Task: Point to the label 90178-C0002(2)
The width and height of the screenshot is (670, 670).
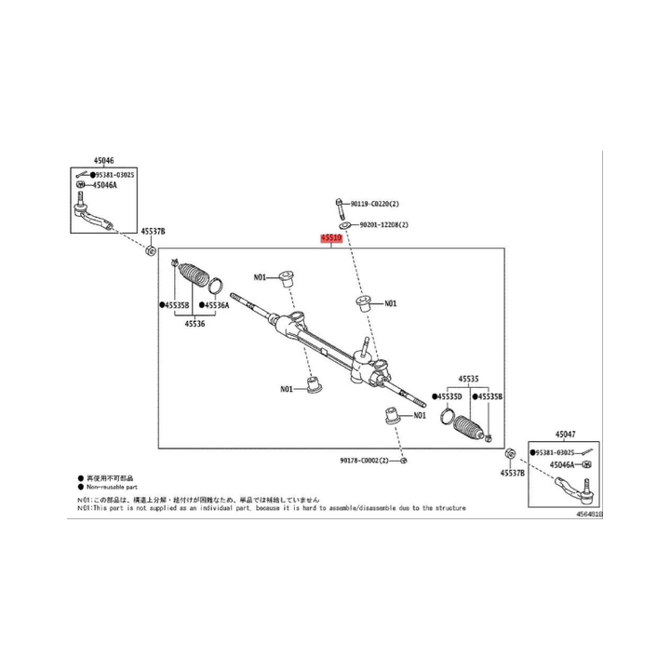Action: pos(366,460)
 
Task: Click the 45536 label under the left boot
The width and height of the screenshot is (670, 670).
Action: pos(194,324)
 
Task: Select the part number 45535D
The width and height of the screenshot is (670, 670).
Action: pos(449,397)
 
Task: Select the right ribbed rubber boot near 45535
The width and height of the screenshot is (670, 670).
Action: pos(471,428)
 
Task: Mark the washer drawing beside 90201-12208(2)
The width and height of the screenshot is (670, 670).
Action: pos(343,225)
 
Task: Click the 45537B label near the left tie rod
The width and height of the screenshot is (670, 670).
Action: pos(152,231)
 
